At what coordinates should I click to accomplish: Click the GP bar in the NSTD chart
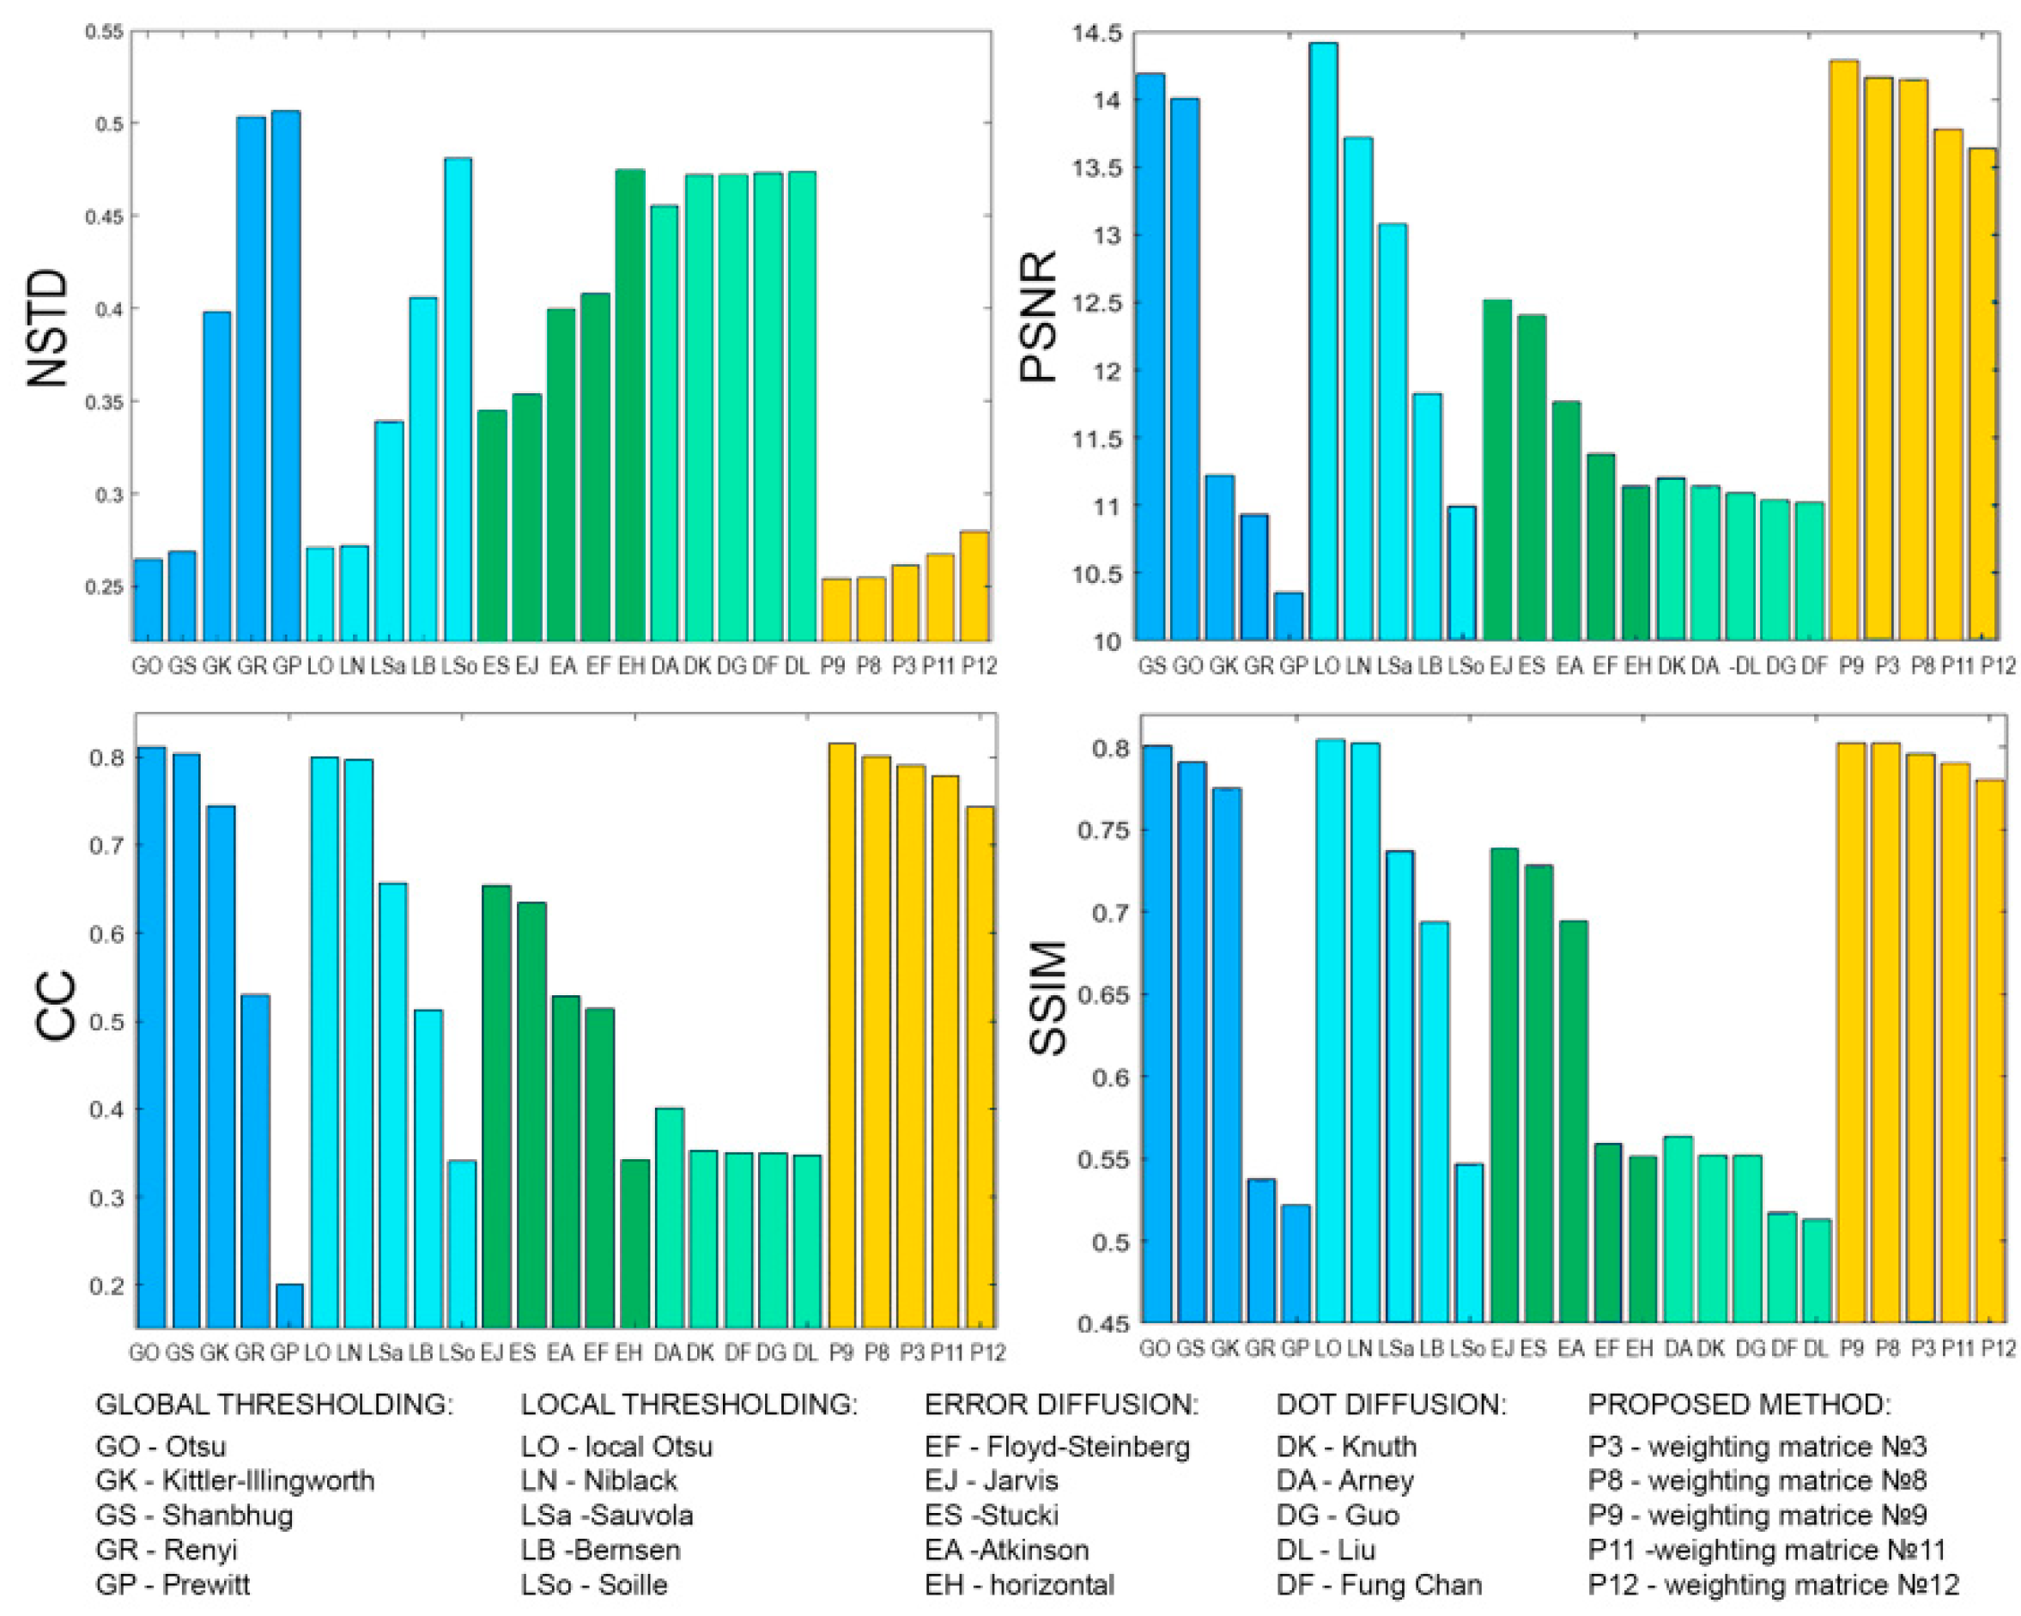click(x=287, y=375)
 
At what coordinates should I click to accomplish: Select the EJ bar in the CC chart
click(x=496, y=1106)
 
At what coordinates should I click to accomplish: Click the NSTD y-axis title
click(x=47, y=328)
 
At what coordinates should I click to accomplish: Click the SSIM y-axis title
click(x=1048, y=999)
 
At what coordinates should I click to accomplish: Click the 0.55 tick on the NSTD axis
click(x=104, y=32)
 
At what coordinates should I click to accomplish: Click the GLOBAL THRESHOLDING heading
click(x=274, y=1404)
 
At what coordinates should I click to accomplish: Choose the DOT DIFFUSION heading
click(x=1391, y=1404)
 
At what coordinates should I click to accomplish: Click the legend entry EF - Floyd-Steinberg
click(x=1056, y=1446)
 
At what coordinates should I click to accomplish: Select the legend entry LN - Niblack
click(x=598, y=1481)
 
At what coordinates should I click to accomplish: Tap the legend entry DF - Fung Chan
click(x=1379, y=1585)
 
